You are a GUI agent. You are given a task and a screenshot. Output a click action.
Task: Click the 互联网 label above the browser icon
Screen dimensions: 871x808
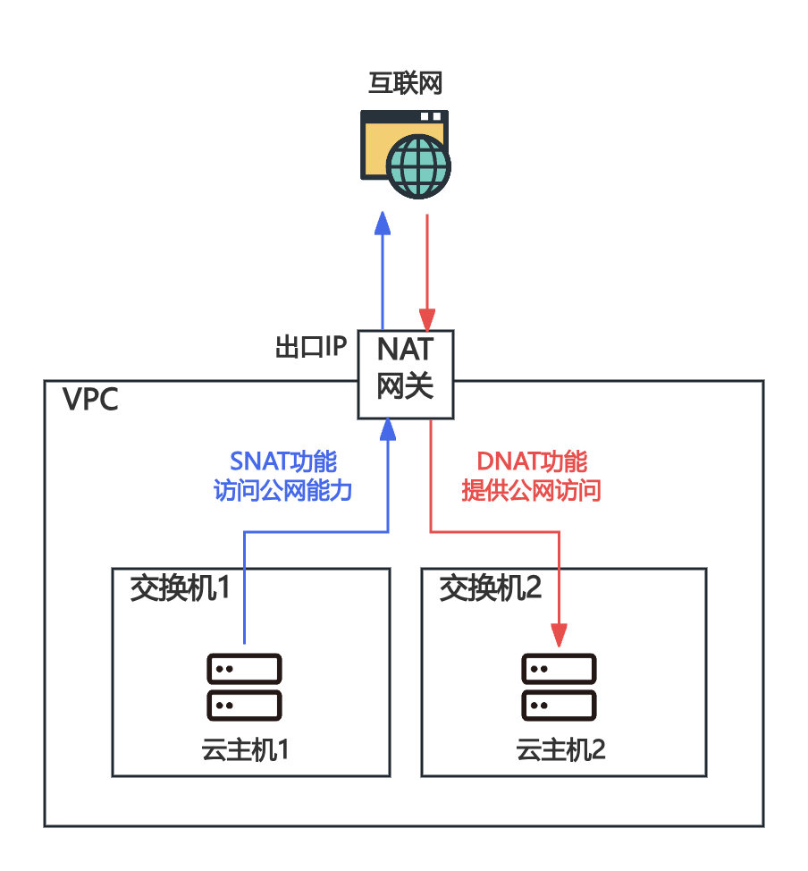406,83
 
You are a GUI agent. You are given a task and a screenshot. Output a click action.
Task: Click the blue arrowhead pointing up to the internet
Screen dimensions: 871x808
383,224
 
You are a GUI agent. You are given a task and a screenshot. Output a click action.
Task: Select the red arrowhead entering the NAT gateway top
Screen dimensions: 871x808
427,320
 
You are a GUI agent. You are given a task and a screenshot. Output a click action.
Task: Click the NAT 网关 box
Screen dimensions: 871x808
405,374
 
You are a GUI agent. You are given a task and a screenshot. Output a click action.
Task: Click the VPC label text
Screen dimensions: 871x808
90,400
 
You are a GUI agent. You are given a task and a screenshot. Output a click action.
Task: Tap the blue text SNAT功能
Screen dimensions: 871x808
283,461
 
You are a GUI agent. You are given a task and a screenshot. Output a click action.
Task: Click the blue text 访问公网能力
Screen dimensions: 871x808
283,491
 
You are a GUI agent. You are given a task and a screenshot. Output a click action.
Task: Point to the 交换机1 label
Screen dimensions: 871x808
180,589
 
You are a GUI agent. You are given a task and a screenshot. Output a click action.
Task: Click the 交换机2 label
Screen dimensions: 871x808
491,589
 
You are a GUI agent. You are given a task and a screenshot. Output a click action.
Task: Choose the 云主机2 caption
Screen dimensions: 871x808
560,750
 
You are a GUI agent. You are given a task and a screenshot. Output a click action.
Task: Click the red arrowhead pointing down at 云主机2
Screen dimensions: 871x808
560,635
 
